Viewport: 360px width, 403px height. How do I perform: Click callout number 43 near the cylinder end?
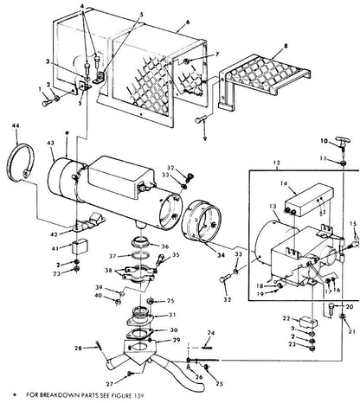[50, 142]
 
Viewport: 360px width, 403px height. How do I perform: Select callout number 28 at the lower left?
[78, 349]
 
